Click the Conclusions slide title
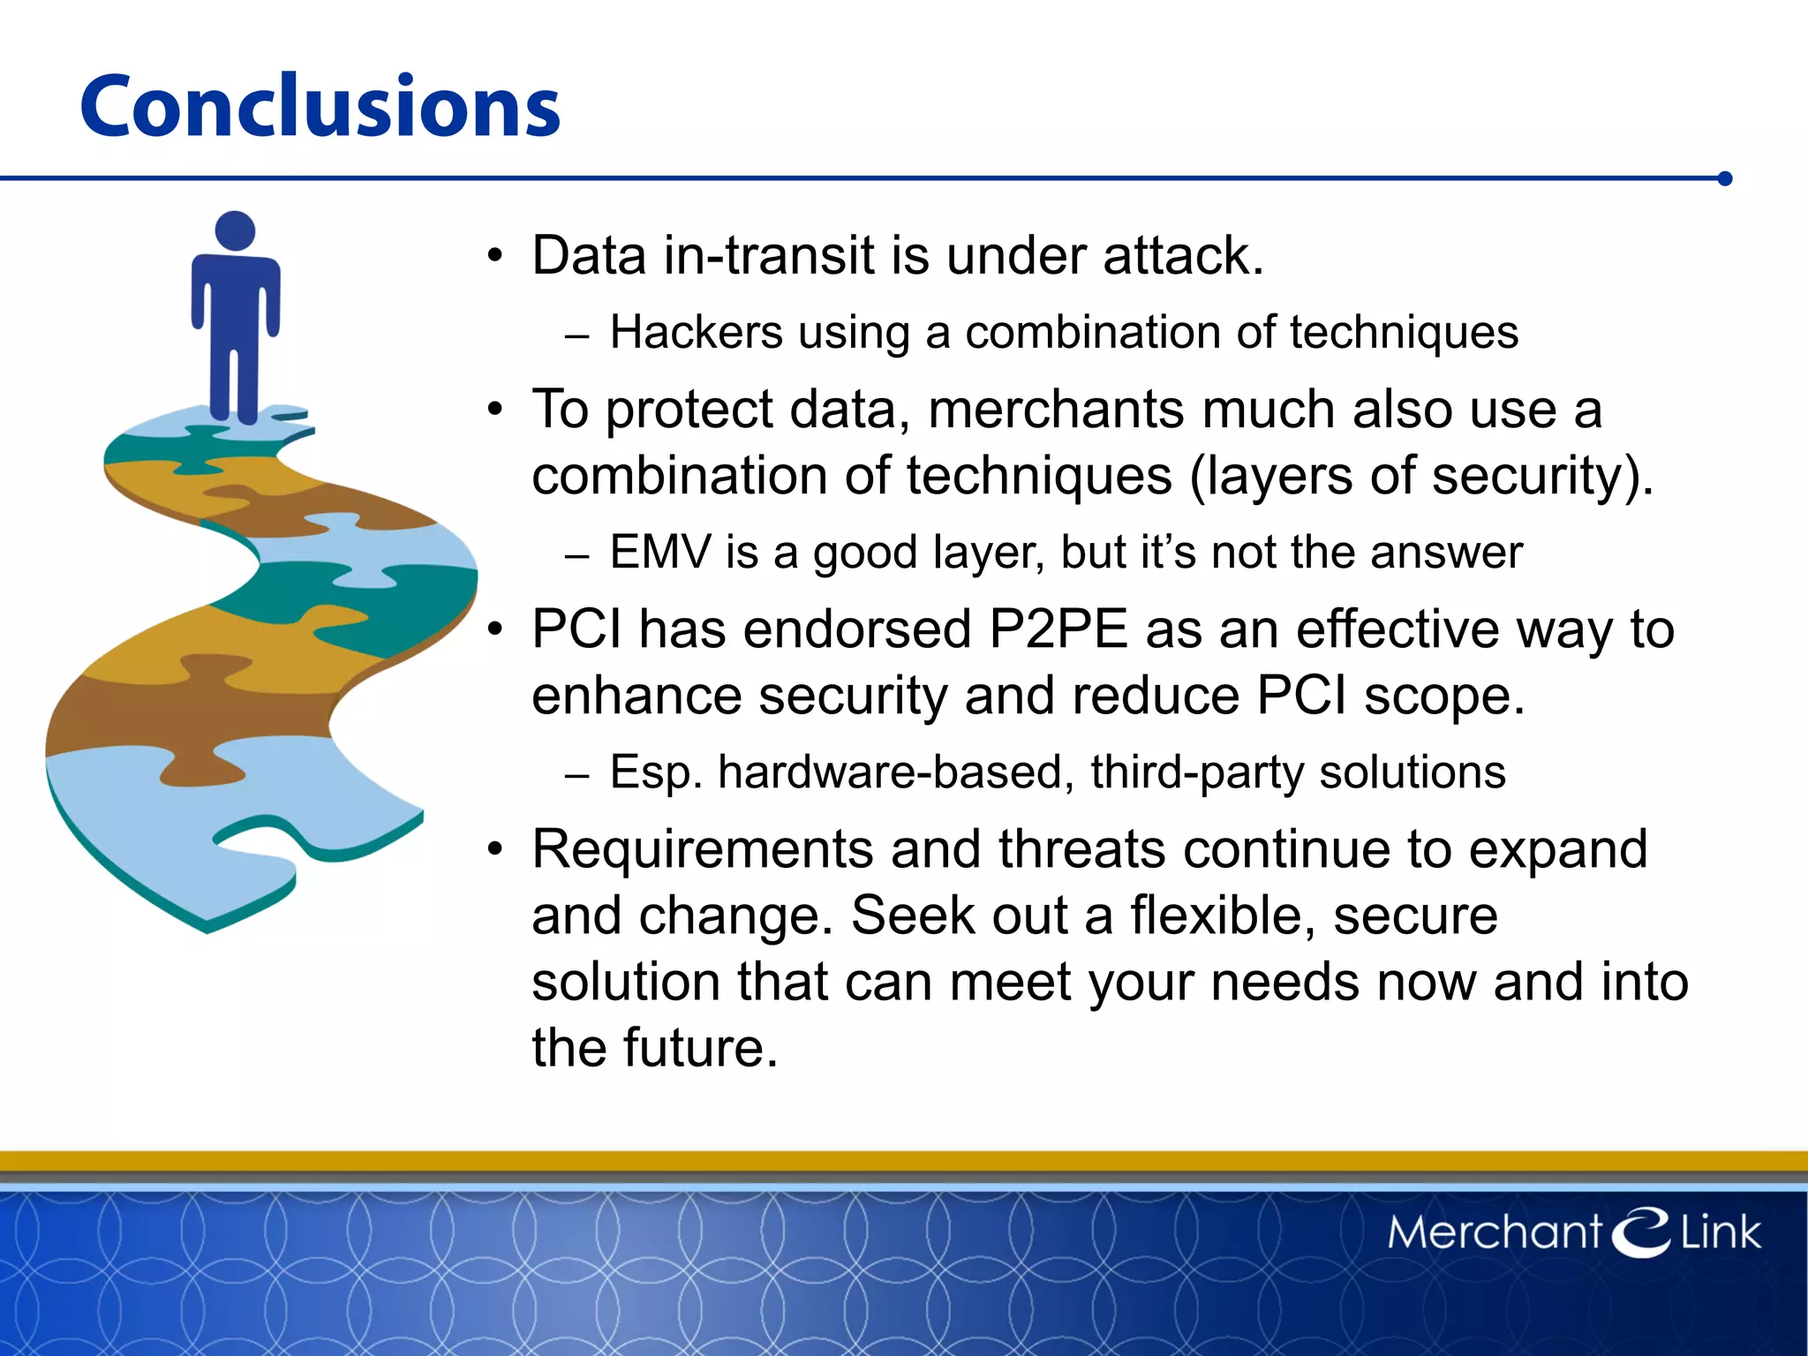pos(320,107)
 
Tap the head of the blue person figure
pos(235,231)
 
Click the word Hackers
pos(696,333)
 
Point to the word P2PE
pos(1058,629)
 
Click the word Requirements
pos(702,849)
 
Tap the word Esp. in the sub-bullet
pos(655,772)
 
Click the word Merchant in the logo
pos(1494,1232)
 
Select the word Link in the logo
pos(1719,1232)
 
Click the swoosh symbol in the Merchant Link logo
pos(1641,1231)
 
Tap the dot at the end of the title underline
pos(1725,179)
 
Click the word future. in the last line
pos(700,1048)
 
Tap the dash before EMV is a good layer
pos(576,557)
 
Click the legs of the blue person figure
pos(235,384)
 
